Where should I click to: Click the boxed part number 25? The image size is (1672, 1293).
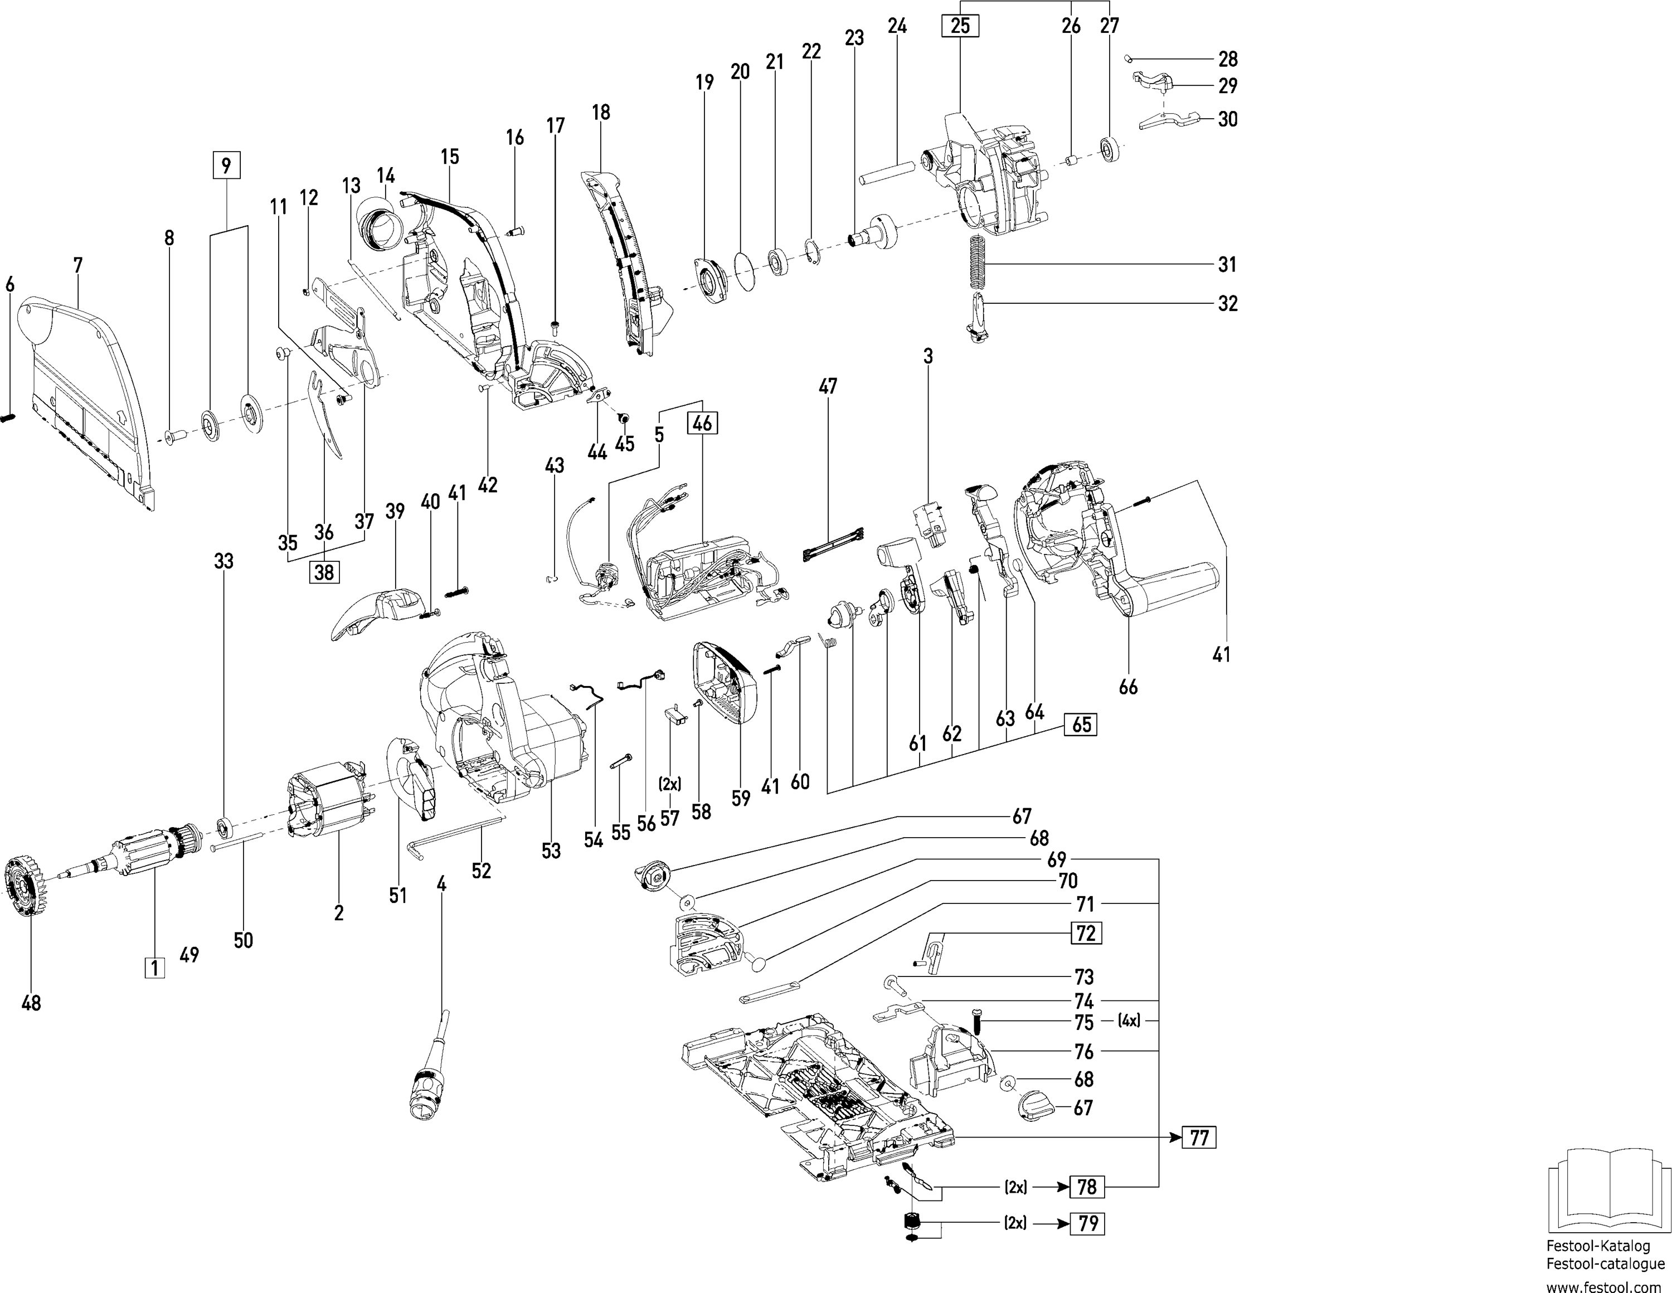click(960, 26)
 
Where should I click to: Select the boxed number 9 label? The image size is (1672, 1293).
click(226, 166)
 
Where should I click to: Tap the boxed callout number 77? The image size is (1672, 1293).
click(1199, 1138)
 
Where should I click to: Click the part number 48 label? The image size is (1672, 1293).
click(31, 1002)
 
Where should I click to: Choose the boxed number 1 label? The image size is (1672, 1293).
click(154, 968)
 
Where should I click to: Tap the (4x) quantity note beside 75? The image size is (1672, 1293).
click(1129, 1020)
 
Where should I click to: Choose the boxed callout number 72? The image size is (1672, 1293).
click(1086, 932)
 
